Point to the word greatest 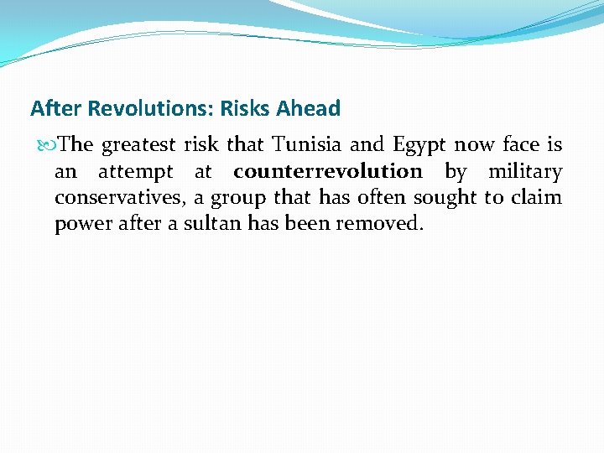point(138,146)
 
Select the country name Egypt point(419,146)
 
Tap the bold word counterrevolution point(328,172)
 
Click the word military point(525,172)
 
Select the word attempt point(135,173)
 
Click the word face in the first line point(520,145)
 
